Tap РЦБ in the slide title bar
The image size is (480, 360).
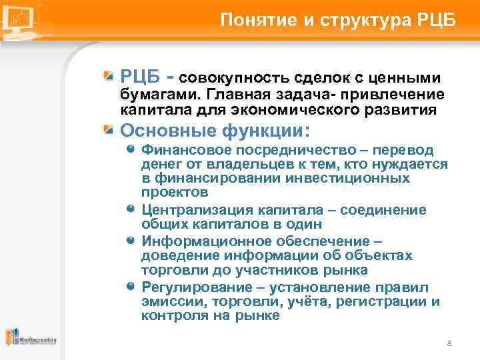pos(437,19)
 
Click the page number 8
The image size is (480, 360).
pos(449,343)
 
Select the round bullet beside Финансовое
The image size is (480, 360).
pos(131,150)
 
